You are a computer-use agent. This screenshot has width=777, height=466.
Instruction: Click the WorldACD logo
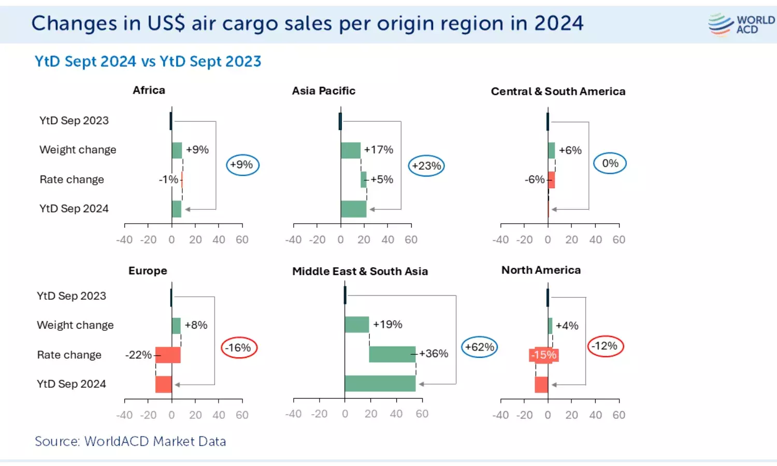[741, 24]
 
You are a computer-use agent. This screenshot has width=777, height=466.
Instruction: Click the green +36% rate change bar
[392, 354]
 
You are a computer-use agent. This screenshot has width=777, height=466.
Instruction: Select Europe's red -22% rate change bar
[168, 355]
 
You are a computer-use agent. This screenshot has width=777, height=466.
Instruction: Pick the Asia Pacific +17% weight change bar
[351, 151]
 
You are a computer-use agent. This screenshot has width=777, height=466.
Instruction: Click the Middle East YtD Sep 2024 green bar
[380, 384]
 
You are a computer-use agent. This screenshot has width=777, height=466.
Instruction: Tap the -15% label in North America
[544, 355]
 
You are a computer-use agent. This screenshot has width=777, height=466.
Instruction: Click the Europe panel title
[148, 271]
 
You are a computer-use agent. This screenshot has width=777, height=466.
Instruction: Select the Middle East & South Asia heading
[360, 271]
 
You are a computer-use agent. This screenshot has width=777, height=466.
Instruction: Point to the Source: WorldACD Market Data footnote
[131, 441]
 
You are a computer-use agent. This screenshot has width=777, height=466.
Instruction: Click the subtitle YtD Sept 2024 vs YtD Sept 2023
[148, 62]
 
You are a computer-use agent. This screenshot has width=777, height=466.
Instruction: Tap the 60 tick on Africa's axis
[242, 240]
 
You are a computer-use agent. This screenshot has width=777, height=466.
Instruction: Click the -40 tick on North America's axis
[500, 415]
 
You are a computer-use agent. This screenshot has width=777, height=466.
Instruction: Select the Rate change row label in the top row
[72, 180]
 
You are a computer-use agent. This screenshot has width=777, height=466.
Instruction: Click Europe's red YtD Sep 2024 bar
[163, 384]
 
